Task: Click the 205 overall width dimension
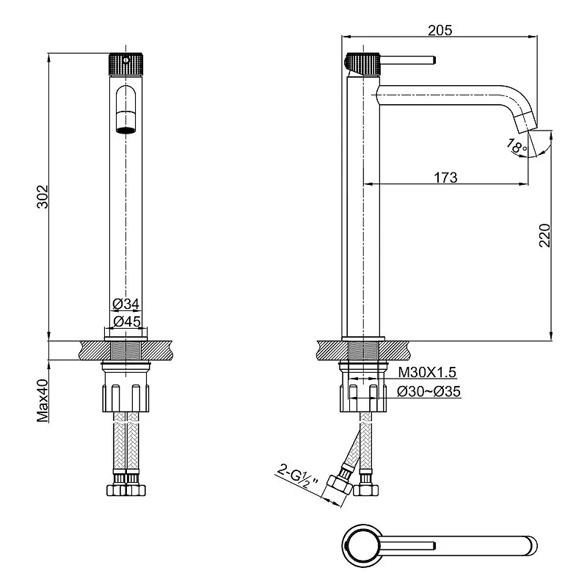(440, 30)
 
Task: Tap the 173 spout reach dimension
(445, 178)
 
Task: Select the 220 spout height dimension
(544, 235)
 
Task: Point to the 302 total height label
(43, 197)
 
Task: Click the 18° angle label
(517, 146)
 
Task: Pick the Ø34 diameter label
(126, 304)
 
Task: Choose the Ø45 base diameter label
(127, 321)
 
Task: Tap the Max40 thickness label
(43, 400)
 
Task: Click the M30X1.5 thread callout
(427, 372)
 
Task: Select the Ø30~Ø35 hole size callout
(429, 392)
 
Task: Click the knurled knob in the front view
(125, 64)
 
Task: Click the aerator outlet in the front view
(125, 130)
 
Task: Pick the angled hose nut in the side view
(339, 486)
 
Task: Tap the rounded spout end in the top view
(533, 545)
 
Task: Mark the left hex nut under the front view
(117, 490)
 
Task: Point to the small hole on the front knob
(125, 60)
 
